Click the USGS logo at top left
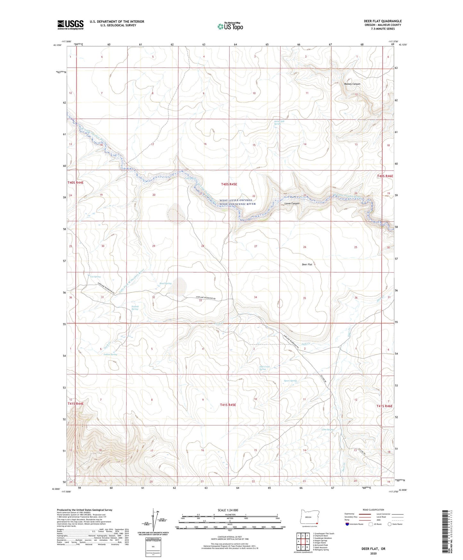coord(70,24)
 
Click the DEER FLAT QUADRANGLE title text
coord(383,21)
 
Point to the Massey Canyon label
coord(352,84)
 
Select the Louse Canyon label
coord(292,203)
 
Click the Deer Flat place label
coord(307,265)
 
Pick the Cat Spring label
coord(95,276)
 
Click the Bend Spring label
coord(165,284)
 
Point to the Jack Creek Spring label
coord(264,368)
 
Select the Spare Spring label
coord(290,381)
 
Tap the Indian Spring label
coord(110,354)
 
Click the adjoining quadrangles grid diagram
coord(302,541)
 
